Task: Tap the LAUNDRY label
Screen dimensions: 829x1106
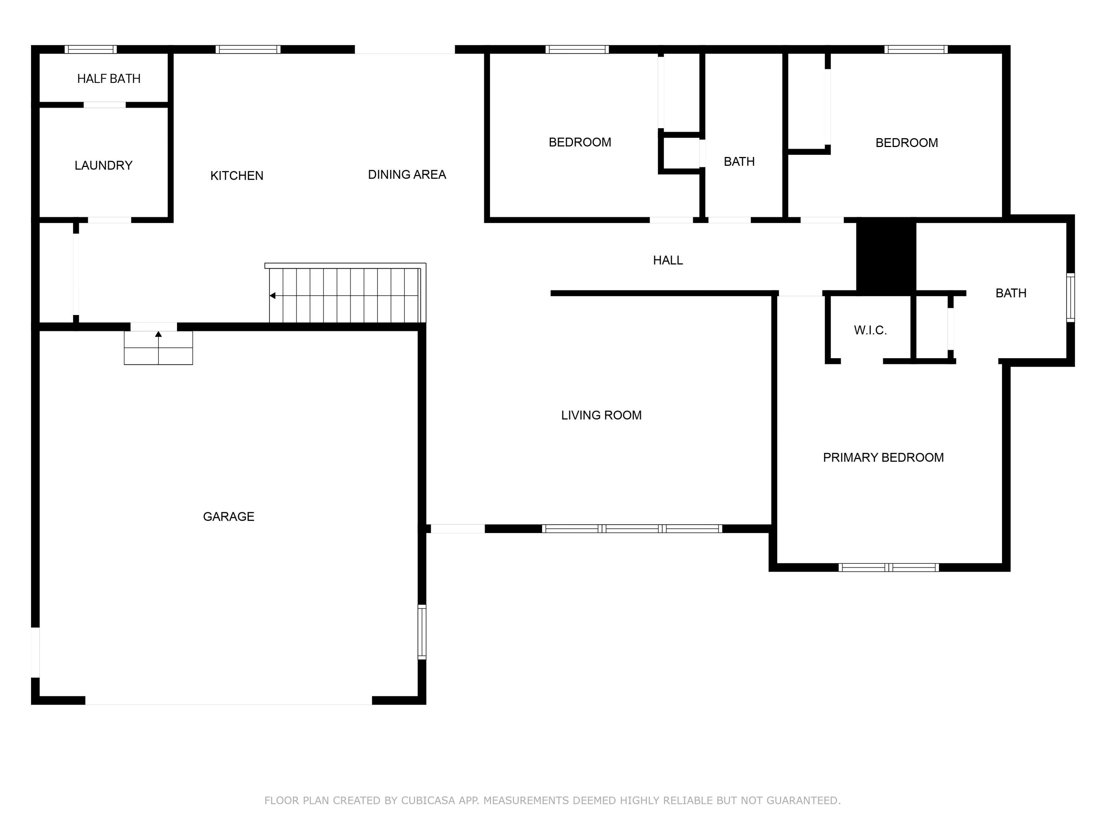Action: click(x=104, y=165)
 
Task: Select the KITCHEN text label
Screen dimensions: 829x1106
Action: click(x=237, y=176)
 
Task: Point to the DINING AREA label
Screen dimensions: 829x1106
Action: click(x=407, y=174)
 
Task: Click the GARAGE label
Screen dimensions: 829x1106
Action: click(x=229, y=516)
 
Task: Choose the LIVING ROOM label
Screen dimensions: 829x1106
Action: click(x=601, y=415)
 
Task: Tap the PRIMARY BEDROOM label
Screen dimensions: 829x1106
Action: click(x=883, y=457)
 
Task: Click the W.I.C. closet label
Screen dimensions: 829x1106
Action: click(x=870, y=330)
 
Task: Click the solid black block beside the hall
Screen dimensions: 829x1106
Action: click(x=886, y=256)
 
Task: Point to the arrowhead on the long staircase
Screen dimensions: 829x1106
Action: click(x=272, y=296)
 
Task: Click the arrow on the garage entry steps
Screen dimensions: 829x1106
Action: click(x=159, y=334)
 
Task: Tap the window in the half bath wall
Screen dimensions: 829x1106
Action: click(x=90, y=49)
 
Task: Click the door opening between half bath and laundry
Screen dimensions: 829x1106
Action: click(x=104, y=105)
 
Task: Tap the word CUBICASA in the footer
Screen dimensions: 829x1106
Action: click(x=428, y=801)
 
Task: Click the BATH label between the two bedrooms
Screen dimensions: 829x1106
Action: click(x=739, y=161)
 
